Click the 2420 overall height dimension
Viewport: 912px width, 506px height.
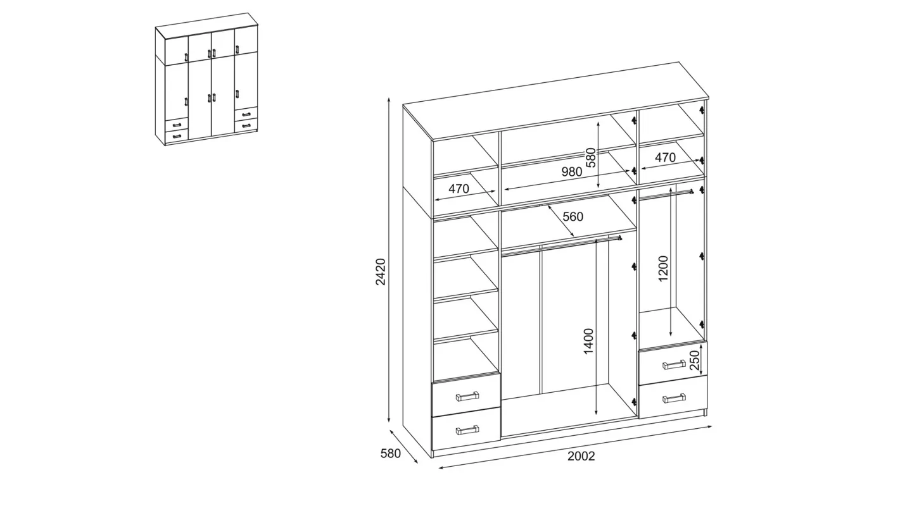coord(380,272)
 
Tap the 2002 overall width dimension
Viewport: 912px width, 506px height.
coord(581,456)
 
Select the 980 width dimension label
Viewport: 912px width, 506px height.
coord(572,172)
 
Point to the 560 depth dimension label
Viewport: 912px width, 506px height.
coord(573,217)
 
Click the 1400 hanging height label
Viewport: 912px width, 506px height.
coord(589,341)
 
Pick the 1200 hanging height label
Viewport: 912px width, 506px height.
coord(663,268)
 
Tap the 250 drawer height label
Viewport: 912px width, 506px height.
coord(694,360)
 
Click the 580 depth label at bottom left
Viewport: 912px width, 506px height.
coord(390,453)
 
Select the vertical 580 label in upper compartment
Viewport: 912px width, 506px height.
coord(591,157)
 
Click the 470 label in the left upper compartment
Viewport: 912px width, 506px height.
coord(459,188)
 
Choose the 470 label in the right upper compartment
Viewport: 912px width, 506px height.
coord(665,157)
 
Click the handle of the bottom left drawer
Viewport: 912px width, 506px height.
coord(467,430)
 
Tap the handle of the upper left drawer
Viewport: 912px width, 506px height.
coord(467,396)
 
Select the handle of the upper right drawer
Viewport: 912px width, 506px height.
coord(674,364)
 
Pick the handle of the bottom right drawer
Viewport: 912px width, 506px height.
coord(674,398)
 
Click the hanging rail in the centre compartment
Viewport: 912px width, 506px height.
coord(562,245)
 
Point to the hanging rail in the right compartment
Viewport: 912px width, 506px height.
coord(666,194)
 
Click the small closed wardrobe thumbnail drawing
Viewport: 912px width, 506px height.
coord(206,79)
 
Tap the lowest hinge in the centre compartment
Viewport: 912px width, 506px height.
coord(634,402)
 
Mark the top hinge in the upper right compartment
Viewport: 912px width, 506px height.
coord(702,110)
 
